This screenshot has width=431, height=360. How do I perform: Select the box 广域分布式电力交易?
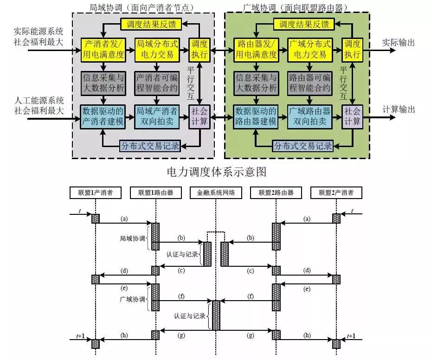309,49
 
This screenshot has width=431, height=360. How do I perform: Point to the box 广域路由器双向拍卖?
309,116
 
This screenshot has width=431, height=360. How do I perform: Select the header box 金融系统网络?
216,193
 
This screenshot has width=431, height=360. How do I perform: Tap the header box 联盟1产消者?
95,193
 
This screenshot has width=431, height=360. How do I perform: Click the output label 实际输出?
398,43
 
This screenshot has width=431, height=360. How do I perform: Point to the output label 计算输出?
398,110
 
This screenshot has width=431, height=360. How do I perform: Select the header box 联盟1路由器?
155,193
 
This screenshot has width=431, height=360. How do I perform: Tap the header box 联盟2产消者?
336,193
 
